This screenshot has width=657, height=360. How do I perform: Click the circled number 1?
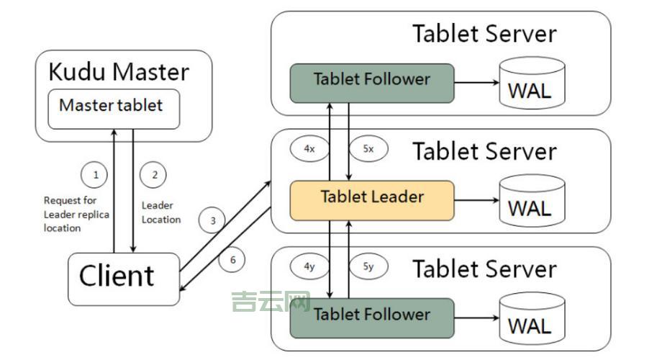pos(95,174)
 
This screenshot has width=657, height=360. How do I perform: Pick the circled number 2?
pos(153,174)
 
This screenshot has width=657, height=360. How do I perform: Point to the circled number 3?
pos(212,221)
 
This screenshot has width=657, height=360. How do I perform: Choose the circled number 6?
pos(232,259)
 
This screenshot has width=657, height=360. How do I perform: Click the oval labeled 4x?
pos(309,149)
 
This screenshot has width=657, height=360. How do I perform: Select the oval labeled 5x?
pos(368,149)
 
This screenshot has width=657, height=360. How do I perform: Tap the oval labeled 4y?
pos(309,266)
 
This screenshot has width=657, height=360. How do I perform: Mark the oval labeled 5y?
pos(368,266)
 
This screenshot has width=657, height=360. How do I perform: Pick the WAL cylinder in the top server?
pos(530,86)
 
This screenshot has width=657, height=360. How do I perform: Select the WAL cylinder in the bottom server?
pos(530,321)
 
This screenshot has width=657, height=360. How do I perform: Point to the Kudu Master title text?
pos(119,72)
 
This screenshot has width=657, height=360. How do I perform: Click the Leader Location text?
pos(160,212)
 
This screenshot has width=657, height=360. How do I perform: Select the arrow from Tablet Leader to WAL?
pos(477,200)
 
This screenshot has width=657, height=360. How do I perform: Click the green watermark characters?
pos(271,303)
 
